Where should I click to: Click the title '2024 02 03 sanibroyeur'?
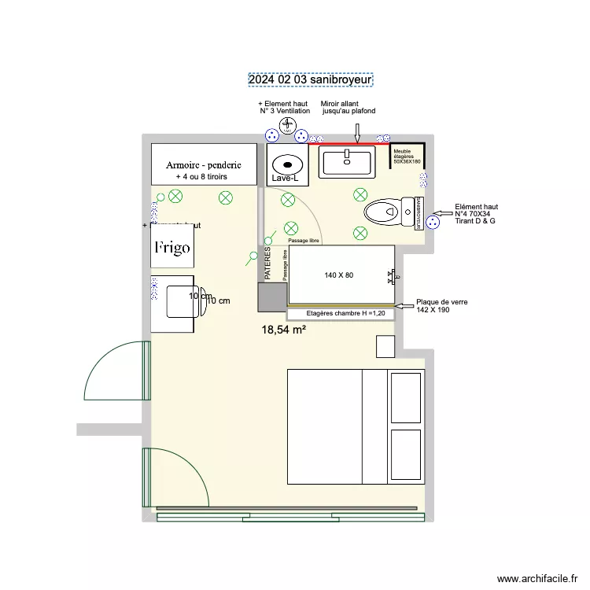(310, 79)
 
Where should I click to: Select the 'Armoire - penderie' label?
(203, 165)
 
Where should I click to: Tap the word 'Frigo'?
(171, 248)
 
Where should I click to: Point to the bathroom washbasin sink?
(346, 162)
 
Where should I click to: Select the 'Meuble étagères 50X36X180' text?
(407, 157)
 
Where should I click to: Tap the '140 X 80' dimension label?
(339, 275)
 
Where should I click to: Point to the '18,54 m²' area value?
(283, 331)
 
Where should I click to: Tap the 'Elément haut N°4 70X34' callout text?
(476, 214)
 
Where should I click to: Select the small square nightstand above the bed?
(385, 347)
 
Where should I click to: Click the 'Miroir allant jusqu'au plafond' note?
(348, 108)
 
